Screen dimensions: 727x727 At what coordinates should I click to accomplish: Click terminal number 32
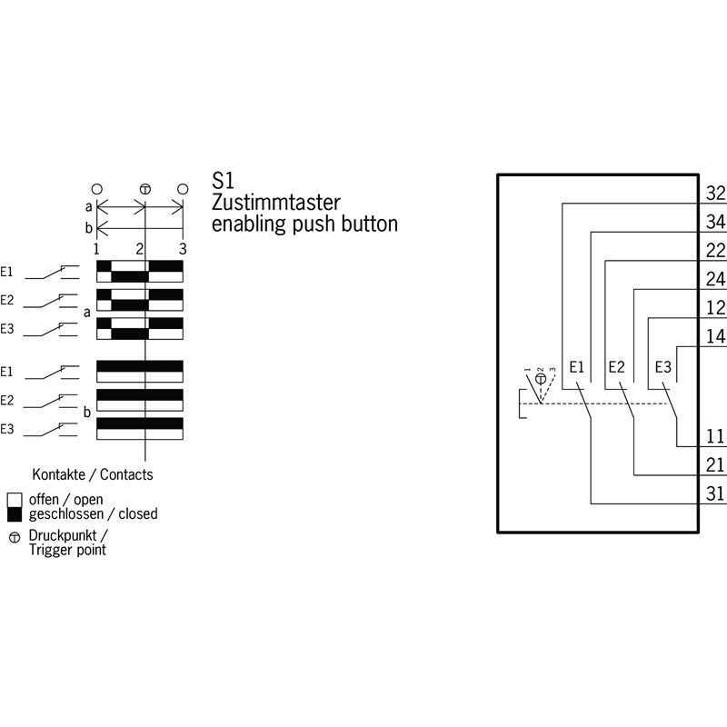(715, 193)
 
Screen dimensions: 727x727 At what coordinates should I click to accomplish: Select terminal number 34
(715, 222)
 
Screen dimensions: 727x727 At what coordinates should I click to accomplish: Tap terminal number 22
(715, 251)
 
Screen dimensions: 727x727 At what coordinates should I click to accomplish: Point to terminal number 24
(715, 279)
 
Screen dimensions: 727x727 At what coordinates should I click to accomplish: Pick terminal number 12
(715, 308)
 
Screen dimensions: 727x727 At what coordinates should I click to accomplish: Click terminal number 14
(715, 337)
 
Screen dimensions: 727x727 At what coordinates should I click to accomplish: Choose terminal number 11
(715, 437)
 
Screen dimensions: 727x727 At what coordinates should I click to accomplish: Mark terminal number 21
(715, 465)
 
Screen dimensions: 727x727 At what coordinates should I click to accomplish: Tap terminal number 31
(715, 494)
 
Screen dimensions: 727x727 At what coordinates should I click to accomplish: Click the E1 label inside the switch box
(575, 367)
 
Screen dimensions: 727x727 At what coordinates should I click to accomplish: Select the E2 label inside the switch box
(616, 367)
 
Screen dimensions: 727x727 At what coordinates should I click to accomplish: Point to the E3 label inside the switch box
(663, 367)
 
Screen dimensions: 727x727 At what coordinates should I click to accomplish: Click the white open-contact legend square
(15, 500)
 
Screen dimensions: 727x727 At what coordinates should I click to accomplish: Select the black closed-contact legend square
(15, 514)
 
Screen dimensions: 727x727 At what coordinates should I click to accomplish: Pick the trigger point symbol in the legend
(15, 536)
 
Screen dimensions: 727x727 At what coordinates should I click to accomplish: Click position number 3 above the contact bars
(183, 248)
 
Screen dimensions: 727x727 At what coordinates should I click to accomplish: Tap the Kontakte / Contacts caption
(93, 474)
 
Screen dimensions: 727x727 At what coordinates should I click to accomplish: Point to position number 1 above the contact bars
(96, 248)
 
